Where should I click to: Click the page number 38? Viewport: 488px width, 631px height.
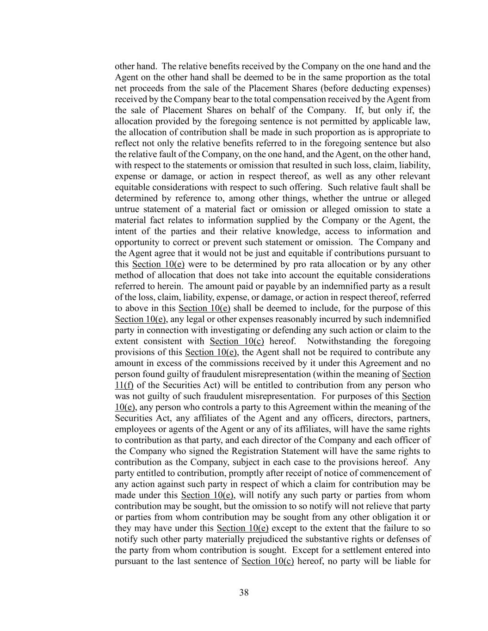tap(244, 593)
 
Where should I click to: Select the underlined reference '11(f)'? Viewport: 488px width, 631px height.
tap(124, 386)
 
